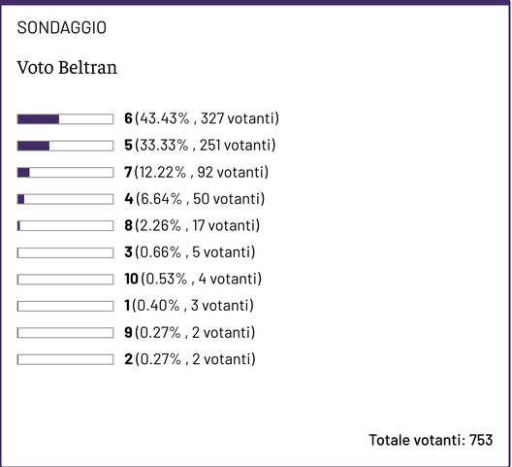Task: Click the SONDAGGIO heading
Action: tap(62, 28)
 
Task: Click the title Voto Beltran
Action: tap(68, 69)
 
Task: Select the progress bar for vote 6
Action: tap(65, 119)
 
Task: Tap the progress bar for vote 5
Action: tap(65, 146)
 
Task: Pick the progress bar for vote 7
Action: tap(65, 173)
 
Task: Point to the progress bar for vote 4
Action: tap(65, 199)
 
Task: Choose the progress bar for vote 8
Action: tap(65, 226)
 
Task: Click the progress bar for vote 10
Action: tap(65, 280)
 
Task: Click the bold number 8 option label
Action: tap(128, 226)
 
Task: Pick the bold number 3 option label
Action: tap(128, 252)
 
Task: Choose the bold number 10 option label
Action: tap(131, 280)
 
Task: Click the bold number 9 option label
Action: tap(128, 333)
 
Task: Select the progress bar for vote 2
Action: tap(65, 359)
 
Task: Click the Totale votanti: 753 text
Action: tap(431, 440)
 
